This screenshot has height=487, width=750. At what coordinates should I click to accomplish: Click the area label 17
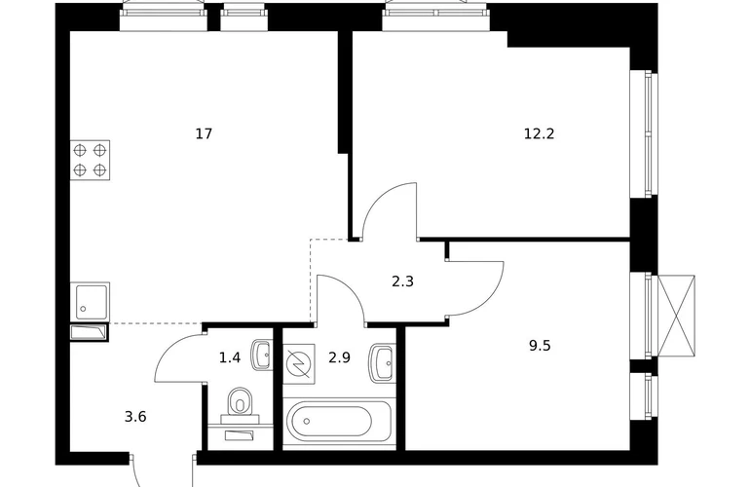click(x=204, y=133)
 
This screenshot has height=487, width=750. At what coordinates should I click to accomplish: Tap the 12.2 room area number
click(x=539, y=133)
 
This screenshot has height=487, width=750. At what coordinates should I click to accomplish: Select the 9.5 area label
click(x=540, y=346)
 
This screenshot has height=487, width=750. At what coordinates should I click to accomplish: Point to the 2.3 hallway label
click(x=402, y=281)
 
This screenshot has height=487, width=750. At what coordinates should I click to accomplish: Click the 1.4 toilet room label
click(x=230, y=357)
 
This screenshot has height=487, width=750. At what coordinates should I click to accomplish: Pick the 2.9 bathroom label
click(x=340, y=357)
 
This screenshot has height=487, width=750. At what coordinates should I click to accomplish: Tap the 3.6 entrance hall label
click(x=135, y=417)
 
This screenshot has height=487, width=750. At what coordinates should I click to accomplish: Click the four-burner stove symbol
click(x=90, y=161)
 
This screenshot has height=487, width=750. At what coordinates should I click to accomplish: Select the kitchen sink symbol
click(x=90, y=301)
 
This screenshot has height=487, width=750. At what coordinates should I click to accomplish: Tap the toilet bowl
click(x=240, y=401)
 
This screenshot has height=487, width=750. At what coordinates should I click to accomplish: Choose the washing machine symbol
click(x=299, y=363)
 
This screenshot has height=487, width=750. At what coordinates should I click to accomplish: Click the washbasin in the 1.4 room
click(x=262, y=355)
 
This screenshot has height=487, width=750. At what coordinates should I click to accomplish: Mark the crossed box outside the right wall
click(x=676, y=316)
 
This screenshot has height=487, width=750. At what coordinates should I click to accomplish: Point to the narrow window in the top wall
click(x=244, y=18)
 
